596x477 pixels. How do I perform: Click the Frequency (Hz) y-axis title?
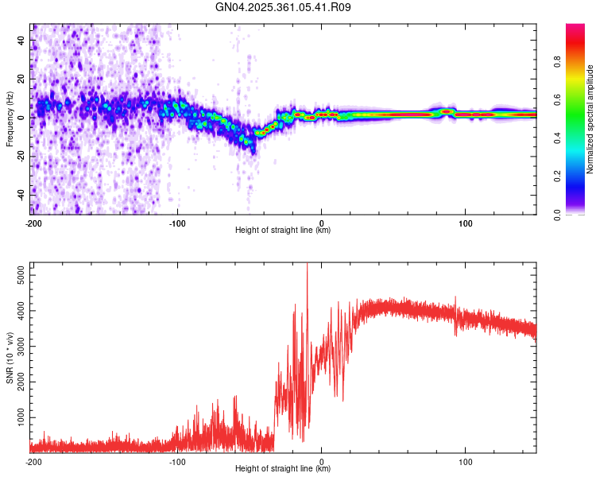coord(10,118)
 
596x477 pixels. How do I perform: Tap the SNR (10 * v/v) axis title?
coord(10,357)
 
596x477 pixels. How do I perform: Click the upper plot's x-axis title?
coord(283,231)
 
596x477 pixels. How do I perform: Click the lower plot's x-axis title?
coord(283,469)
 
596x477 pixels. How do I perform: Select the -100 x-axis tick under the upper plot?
coord(177,222)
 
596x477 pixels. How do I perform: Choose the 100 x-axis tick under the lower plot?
coord(466,460)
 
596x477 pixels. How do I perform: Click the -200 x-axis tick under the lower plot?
coord(33,460)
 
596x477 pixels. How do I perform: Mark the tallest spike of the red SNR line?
coord(307,265)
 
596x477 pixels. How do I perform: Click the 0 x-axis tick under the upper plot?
coord(321,222)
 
